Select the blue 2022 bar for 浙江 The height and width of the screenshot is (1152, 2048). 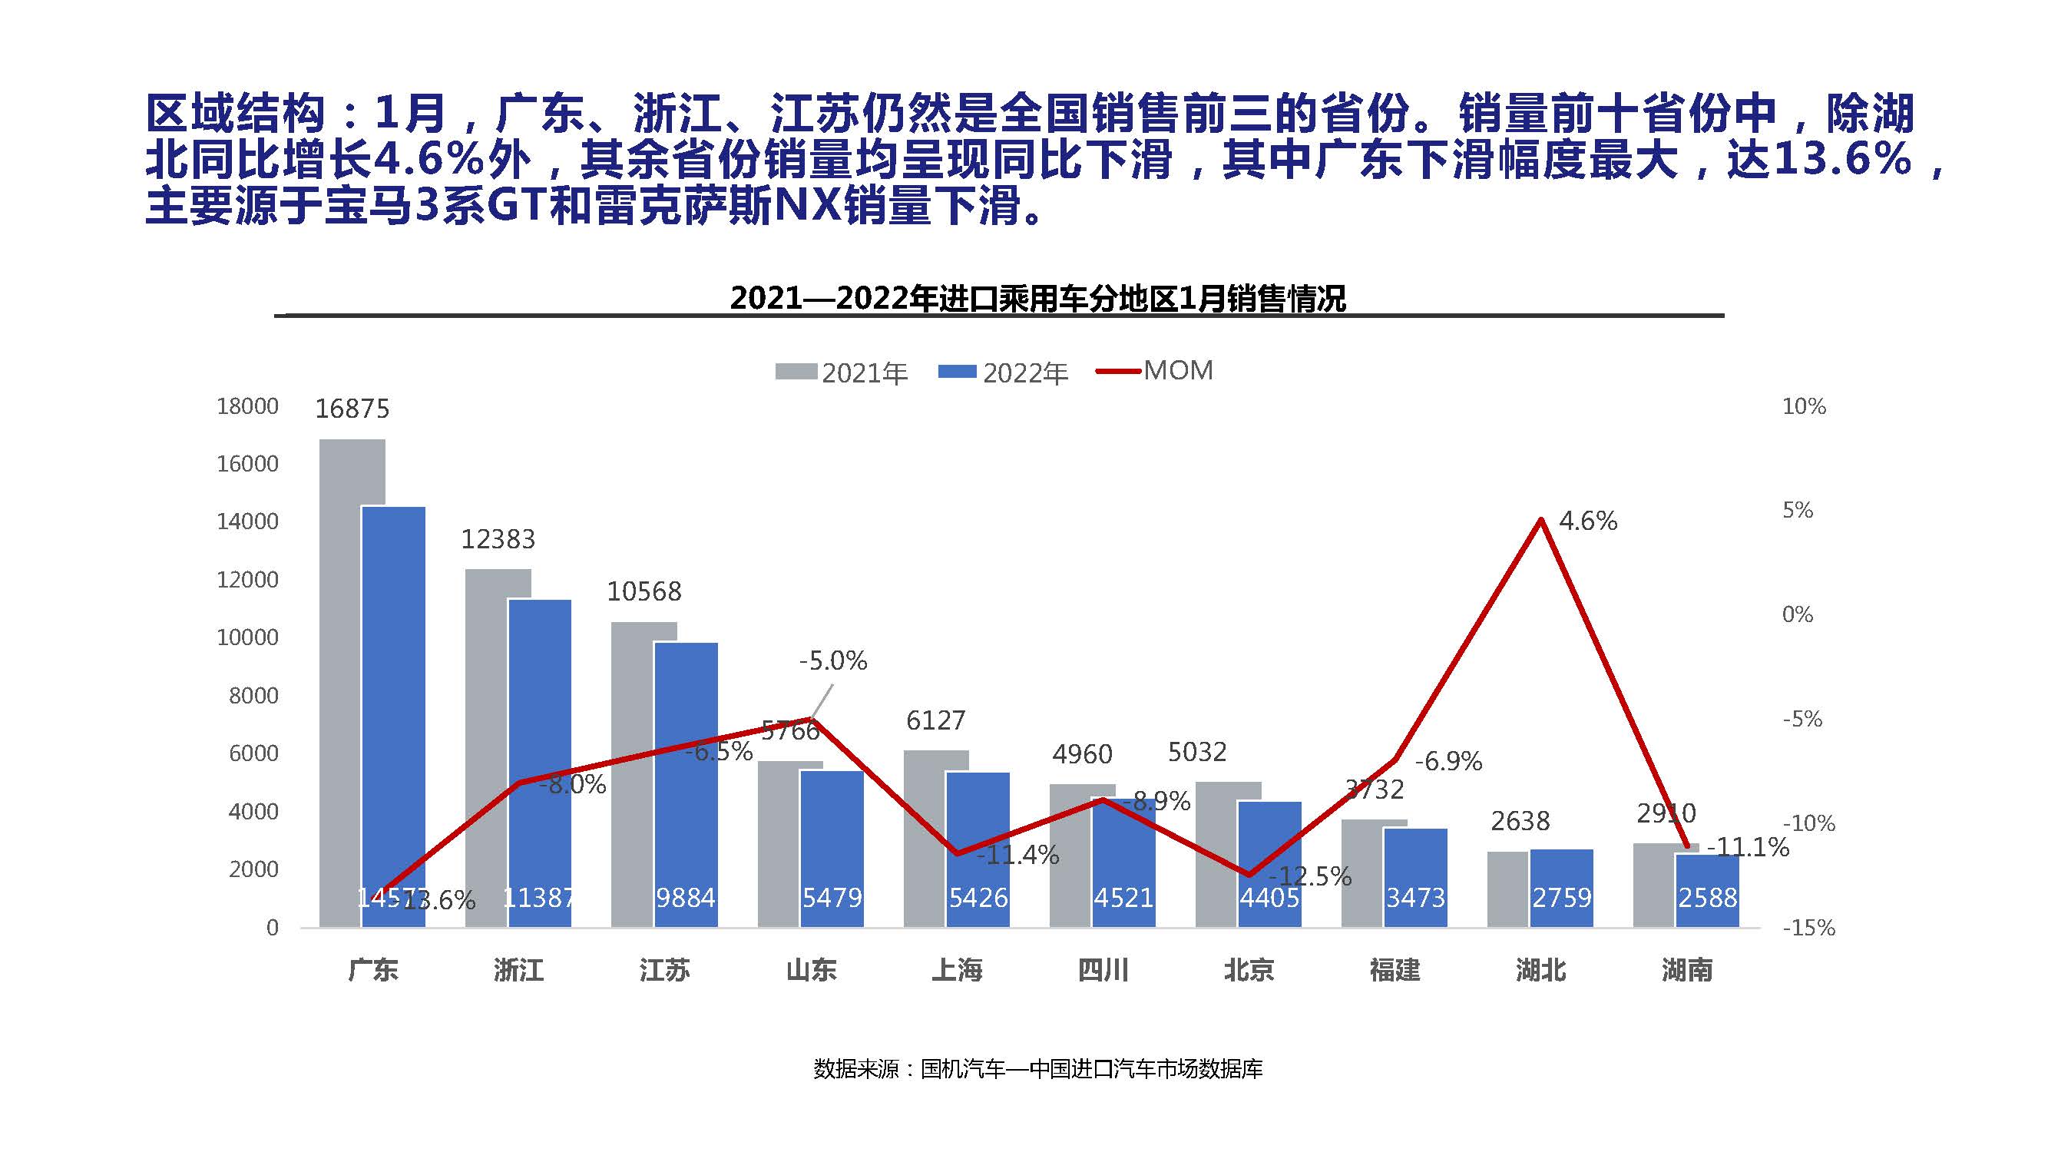click(x=540, y=763)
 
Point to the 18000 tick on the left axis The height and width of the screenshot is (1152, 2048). click(x=247, y=406)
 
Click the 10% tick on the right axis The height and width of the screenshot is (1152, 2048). click(x=1803, y=406)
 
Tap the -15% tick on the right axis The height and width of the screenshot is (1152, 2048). click(x=1808, y=928)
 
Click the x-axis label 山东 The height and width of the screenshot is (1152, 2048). click(x=811, y=970)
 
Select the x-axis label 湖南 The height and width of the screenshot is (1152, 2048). click(x=1686, y=970)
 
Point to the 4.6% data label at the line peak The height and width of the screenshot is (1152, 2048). click(x=1588, y=521)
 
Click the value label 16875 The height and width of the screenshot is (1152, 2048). click(x=352, y=409)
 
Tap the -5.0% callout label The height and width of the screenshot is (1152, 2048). click(x=832, y=660)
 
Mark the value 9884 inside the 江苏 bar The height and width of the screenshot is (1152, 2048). click(x=685, y=898)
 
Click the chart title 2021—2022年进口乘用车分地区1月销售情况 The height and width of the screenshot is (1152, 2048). click(x=1037, y=298)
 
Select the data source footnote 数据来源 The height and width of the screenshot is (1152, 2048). click(x=1037, y=1068)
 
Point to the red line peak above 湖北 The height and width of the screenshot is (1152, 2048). click(x=1540, y=520)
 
